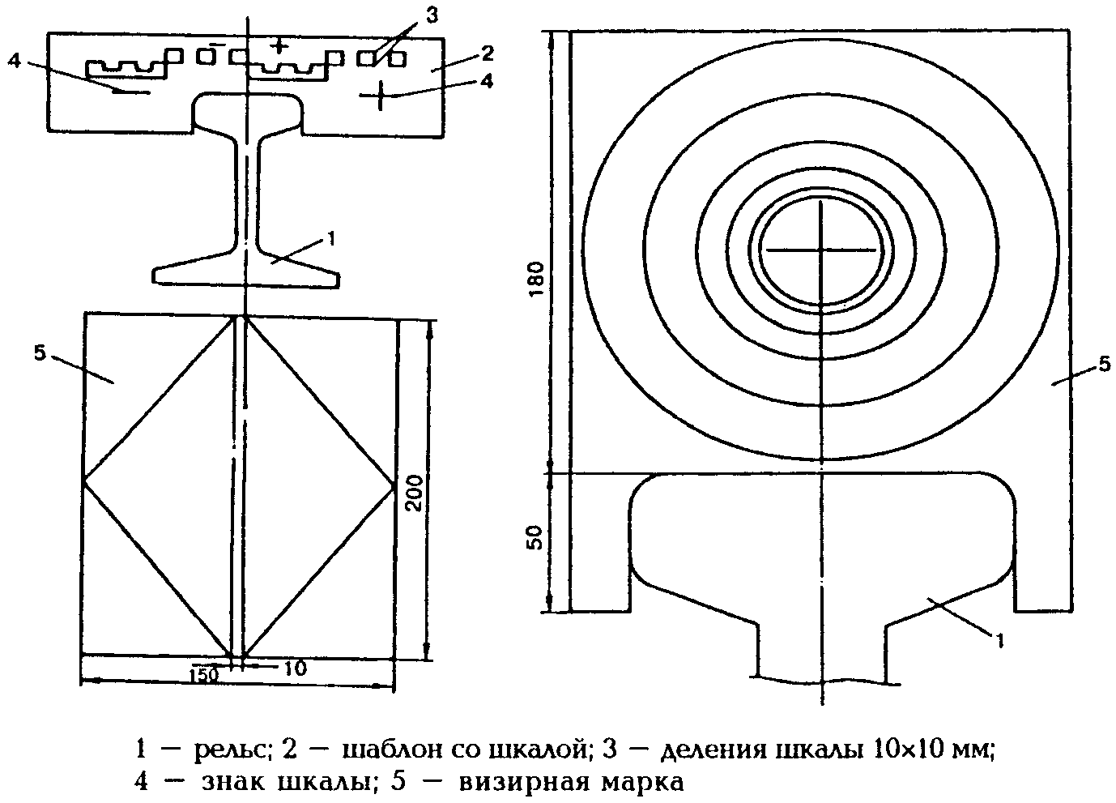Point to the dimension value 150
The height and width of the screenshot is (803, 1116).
[205, 674]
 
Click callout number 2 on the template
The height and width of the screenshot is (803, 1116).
[487, 53]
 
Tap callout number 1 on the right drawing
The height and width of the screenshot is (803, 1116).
[999, 639]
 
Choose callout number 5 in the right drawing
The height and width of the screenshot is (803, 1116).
[1105, 365]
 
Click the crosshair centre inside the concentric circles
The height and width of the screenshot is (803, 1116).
[820, 250]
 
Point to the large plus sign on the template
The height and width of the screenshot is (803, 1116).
[378, 96]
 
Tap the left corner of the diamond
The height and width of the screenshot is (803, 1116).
[83, 481]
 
